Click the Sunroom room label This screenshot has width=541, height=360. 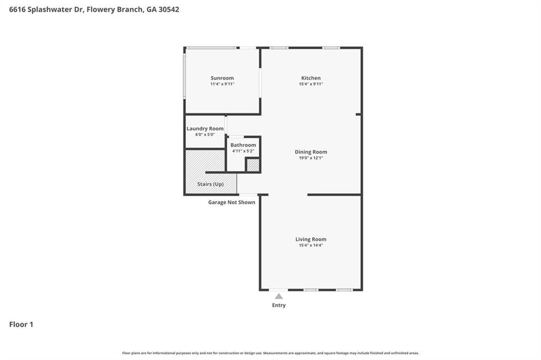click(x=222, y=78)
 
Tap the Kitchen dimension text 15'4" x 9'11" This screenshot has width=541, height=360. click(x=311, y=84)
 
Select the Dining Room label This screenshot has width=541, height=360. click(x=311, y=151)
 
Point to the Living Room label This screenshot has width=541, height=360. click(x=311, y=239)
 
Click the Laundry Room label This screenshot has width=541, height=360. click(x=205, y=129)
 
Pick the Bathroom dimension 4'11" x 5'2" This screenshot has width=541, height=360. click(x=243, y=150)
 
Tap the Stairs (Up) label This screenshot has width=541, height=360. click(x=210, y=184)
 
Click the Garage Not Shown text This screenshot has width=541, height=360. click(x=231, y=202)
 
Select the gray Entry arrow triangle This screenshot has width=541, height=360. click(x=279, y=296)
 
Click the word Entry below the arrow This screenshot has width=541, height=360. click(x=279, y=305)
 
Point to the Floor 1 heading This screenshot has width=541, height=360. click(x=21, y=325)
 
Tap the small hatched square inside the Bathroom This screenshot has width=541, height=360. click(x=253, y=165)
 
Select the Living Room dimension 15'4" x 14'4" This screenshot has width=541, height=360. click(x=311, y=245)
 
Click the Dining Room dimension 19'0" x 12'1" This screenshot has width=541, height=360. click(x=311, y=158)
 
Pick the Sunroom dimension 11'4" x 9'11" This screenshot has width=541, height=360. click(x=222, y=84)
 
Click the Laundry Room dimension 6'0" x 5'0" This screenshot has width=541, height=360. click(x=205, y=135)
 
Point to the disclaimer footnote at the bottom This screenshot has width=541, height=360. click(x=270, y=353)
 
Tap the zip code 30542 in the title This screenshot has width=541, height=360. click(x=169, y=10)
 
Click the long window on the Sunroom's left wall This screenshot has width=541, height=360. click(x=184, y=75)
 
